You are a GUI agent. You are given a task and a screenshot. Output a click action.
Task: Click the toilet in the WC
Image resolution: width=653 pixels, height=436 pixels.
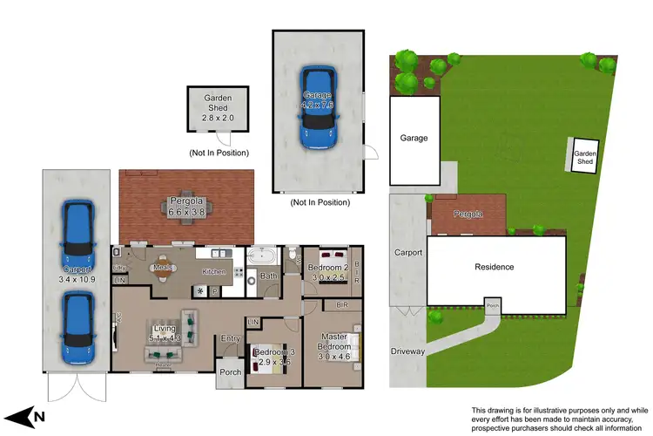click(x=293, y=255)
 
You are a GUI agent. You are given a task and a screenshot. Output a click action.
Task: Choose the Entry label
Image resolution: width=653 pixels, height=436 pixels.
click(x=230, y=338)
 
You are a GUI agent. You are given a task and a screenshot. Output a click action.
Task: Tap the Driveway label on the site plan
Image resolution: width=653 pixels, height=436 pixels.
click(x=407, y=351)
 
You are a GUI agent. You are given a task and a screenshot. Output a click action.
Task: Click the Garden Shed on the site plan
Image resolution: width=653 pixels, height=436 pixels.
click(x=585, y=157)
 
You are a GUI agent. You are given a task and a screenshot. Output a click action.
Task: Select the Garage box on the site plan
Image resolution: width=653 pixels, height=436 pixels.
click(x=414, y=140)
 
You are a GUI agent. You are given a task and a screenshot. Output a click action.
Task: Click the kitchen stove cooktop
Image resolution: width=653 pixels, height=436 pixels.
click(x=236, y=271)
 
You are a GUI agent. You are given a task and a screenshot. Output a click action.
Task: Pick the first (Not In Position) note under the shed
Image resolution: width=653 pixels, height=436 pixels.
click(x=219, y=153)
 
